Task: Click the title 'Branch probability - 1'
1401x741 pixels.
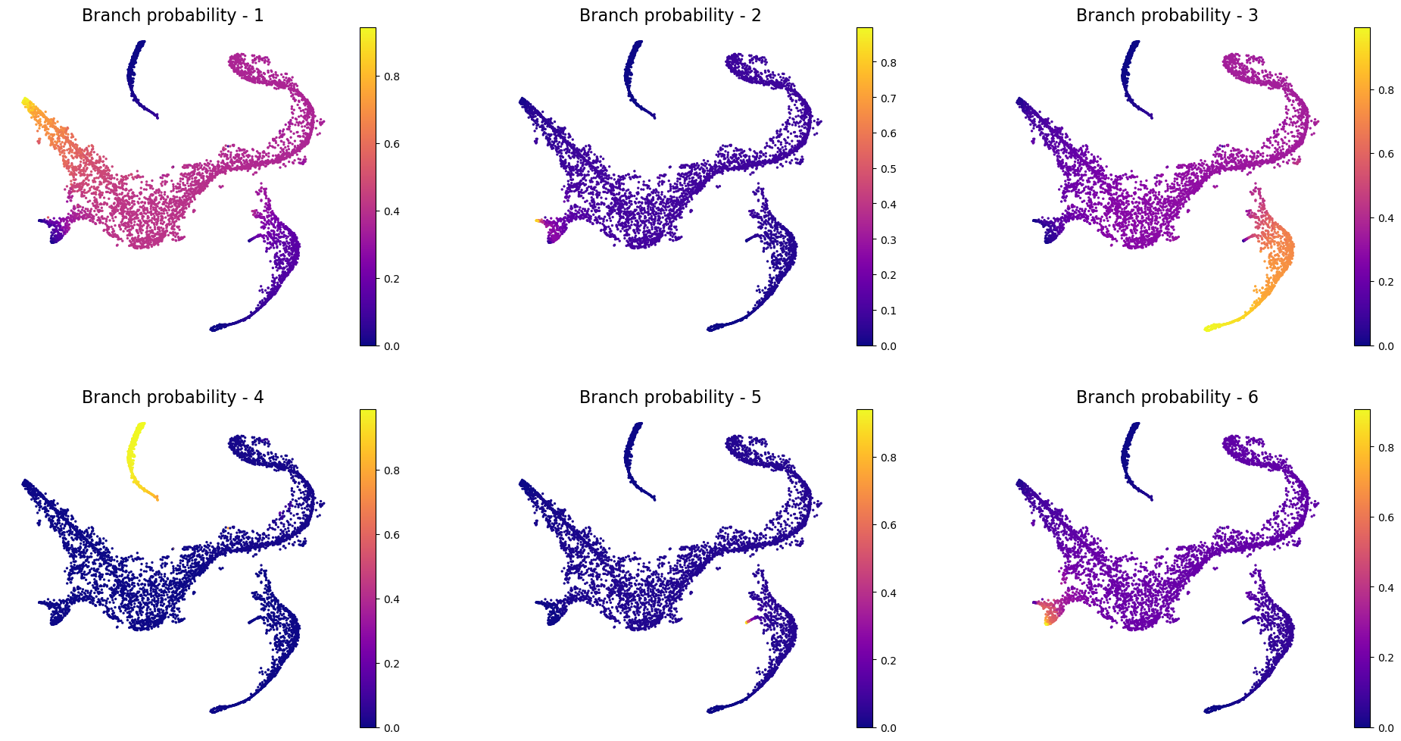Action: pos(173,16)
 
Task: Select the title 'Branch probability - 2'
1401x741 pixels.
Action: pos(669,16)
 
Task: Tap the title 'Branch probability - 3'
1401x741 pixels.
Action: pos(1167,16)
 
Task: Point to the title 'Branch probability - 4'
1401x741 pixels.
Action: pos(173,398)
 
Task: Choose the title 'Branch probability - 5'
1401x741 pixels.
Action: pos(669,398)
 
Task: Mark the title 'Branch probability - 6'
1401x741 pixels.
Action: pos(1167,398)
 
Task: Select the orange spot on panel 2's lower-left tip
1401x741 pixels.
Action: pos(538,220)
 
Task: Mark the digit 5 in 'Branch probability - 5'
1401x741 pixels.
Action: pos(756,398)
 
